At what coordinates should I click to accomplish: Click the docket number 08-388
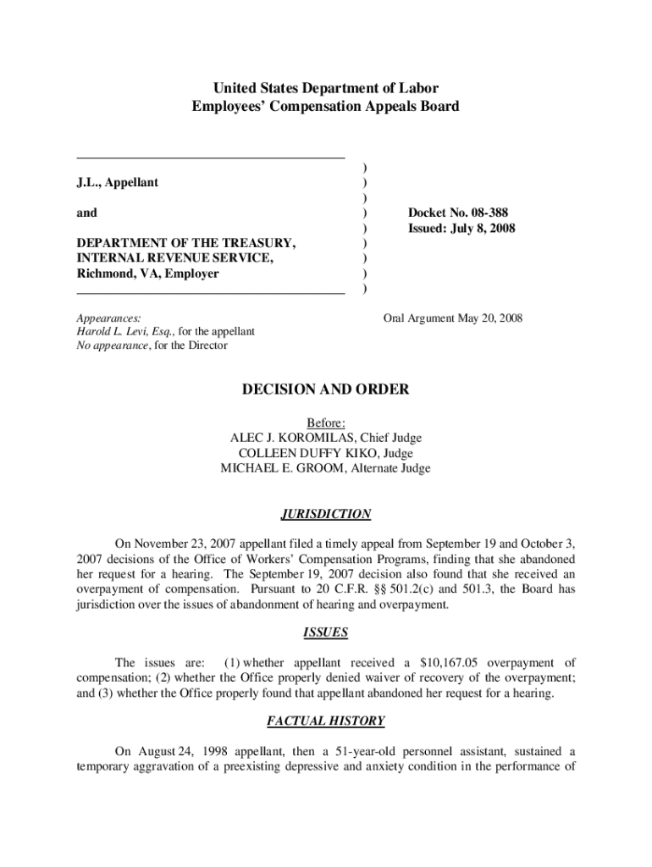point(486,213)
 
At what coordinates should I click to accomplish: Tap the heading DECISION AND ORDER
point(326,389)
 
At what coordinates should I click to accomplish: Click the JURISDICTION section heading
point(326,514)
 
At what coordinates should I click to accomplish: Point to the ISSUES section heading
point(326,632)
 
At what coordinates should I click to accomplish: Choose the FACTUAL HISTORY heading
point(326,721)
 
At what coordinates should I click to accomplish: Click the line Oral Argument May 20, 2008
point(453,318)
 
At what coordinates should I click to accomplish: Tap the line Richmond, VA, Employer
point(147,273)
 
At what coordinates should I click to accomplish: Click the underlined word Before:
point(326,422)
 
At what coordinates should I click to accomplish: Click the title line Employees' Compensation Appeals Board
point(326,107)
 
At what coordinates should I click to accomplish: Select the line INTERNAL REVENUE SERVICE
point(175,258)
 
